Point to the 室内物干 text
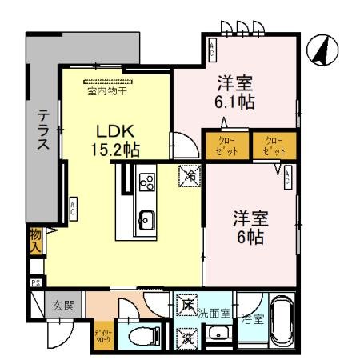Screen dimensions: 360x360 [108, 90]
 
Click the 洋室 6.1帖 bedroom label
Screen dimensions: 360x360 [235, 91]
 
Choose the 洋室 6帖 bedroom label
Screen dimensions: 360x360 [249, 226]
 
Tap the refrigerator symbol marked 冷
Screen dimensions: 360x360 [190, 173]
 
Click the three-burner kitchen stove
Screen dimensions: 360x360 [147, 182]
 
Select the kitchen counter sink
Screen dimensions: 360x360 [146, 216]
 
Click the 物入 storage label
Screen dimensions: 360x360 [36, 238]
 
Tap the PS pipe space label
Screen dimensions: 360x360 [35, 282]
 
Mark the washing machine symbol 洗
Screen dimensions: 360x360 [186, 336]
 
